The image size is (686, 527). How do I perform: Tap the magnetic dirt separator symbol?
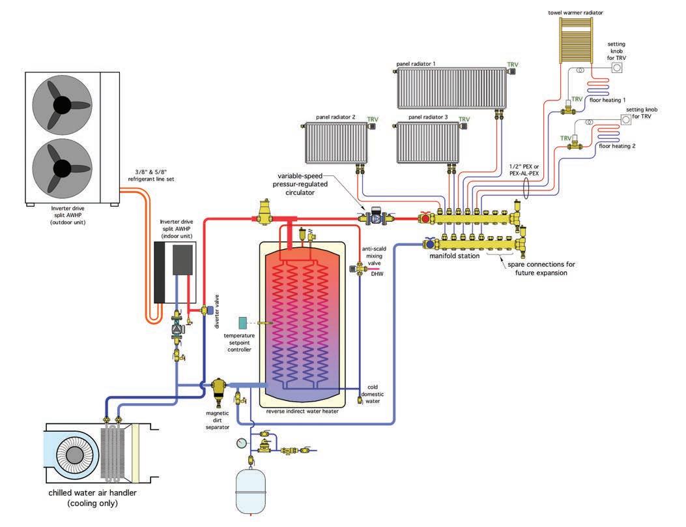point(218,390)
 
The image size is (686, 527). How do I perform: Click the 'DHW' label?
point(377,274)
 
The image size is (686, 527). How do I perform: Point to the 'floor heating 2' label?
point(616,147)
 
